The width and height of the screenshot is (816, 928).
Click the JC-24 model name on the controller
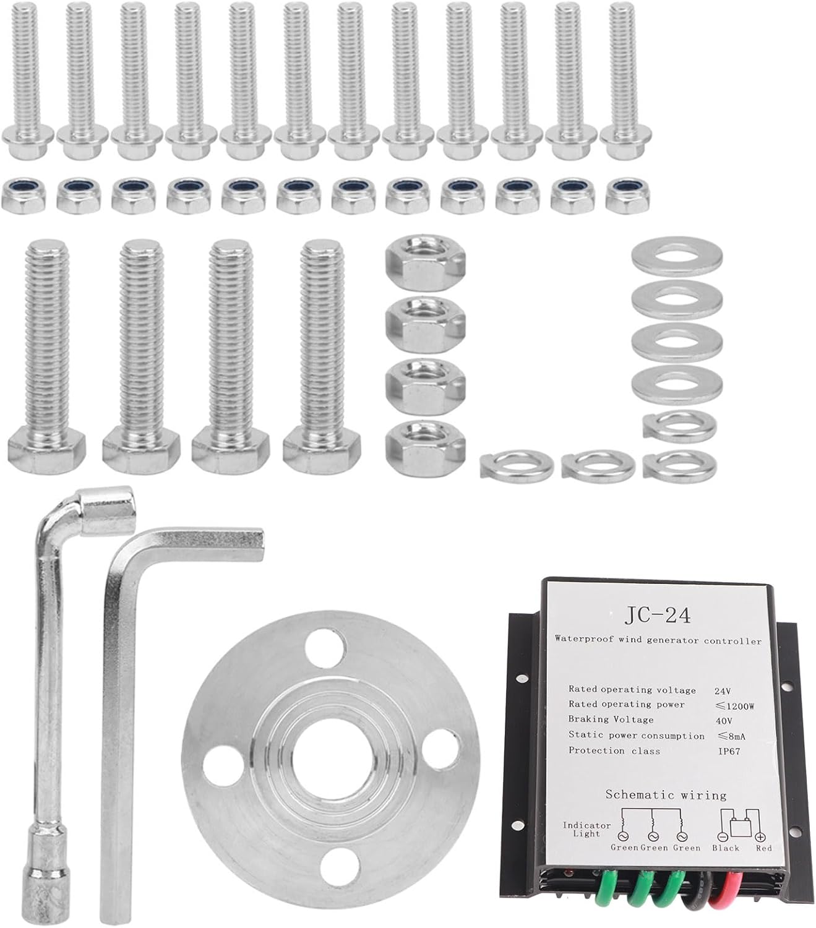tap(657, 615)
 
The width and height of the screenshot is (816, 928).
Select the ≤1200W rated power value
tap(736, 707)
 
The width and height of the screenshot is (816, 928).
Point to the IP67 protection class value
tap(729, 751)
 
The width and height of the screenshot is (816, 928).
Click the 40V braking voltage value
tap(723, 721)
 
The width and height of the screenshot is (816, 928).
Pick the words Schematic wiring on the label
tap(666, 795)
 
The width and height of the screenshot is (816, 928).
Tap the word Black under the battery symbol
tap(726, 848)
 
